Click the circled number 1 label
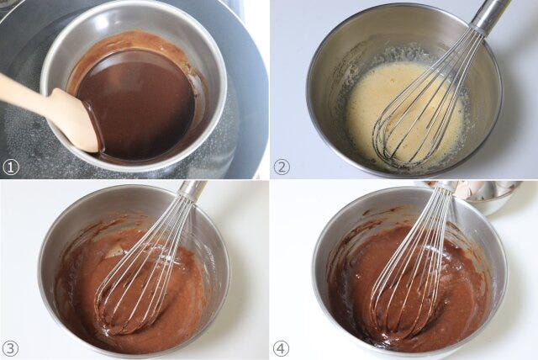tap(10, 167)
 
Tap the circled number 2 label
tap(282, 167)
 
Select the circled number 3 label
tap(10, 349)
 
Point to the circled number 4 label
tap(282, 349)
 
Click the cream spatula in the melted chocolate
tap(51, 110)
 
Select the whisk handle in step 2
tap(489, 14)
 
